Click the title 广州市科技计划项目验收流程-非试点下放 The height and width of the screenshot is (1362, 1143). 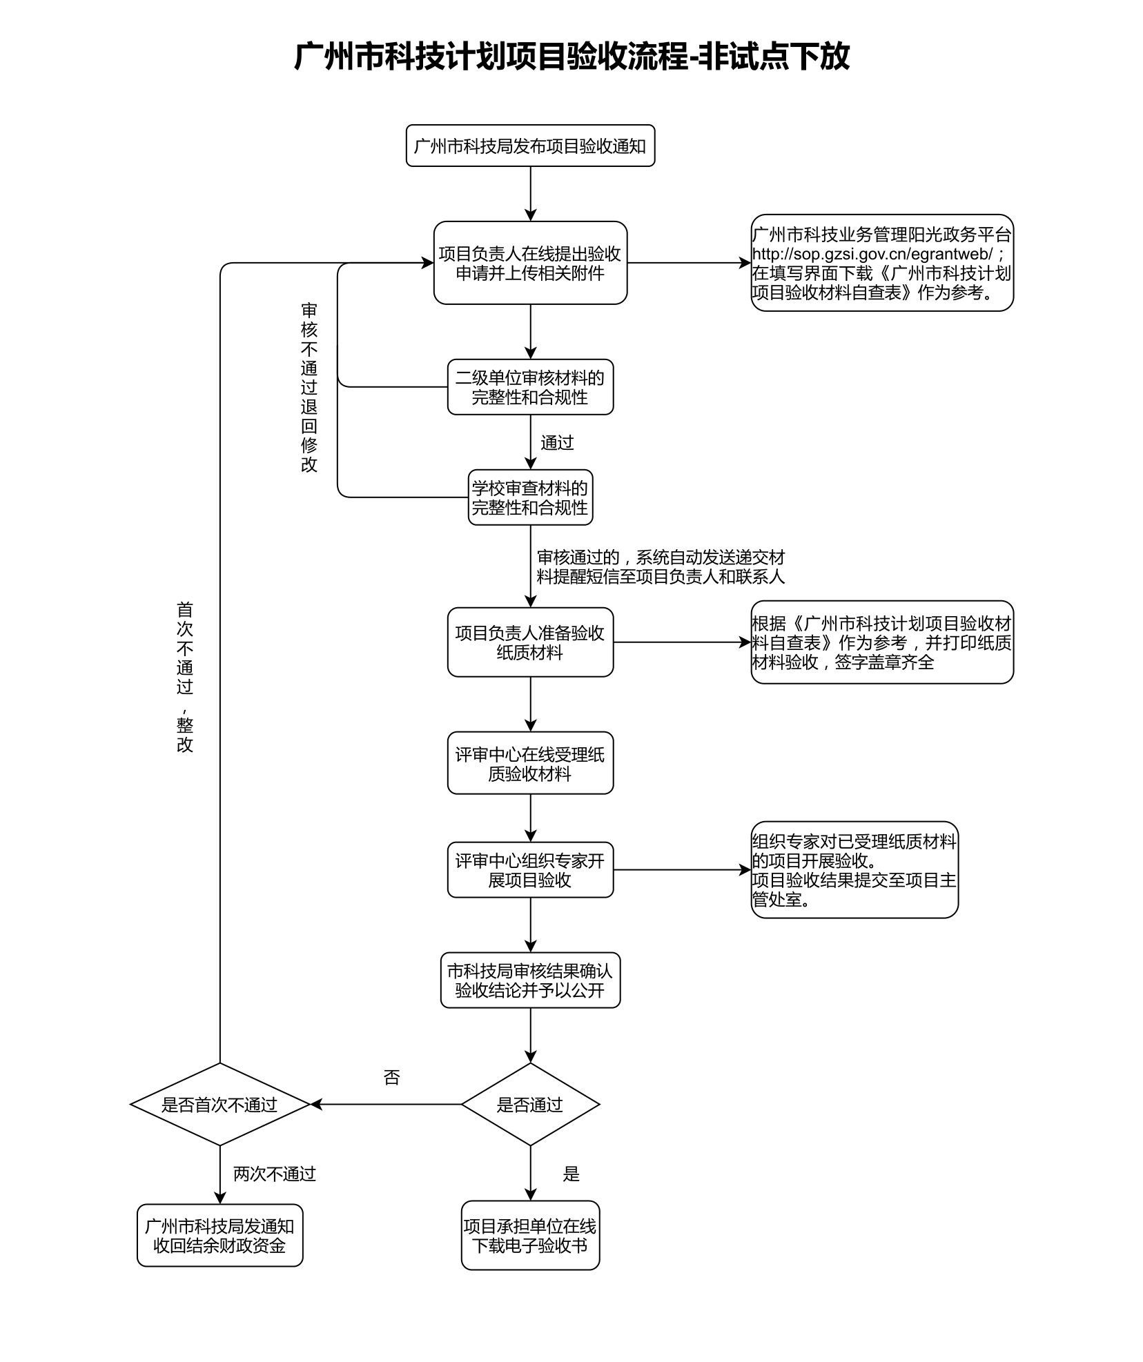[571, 57]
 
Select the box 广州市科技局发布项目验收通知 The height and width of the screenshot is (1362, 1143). [530, 146]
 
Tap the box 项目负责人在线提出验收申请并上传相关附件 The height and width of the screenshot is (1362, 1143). [530, 263]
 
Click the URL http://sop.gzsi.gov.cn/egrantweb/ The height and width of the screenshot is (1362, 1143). [872, 254]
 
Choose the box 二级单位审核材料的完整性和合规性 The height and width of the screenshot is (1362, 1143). [530, 387]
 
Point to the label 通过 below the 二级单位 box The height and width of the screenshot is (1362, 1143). [557, 443]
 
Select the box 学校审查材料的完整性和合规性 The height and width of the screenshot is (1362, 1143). [530, 497]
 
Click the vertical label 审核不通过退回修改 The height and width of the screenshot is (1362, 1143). [309, 387]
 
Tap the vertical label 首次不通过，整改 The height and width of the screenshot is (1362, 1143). [185, 677]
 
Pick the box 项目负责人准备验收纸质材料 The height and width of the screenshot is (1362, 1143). [530, 642]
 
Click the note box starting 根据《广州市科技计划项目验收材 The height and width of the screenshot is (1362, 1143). [881, 642]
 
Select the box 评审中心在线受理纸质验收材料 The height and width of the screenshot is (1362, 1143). [530, 763]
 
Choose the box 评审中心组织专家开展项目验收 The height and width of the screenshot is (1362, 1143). [530, 870]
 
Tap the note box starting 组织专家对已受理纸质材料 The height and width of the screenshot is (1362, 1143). [854, 870]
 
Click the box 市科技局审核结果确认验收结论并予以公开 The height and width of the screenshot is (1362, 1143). [530, 980]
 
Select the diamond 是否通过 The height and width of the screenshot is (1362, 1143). [530, 1105]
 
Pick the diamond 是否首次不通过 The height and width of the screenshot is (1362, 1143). [219, 1105]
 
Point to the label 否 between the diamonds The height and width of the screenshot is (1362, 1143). [391, 1078]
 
